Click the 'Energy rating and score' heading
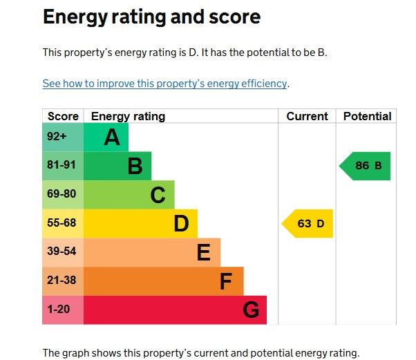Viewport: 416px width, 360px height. click(x=151, y=17)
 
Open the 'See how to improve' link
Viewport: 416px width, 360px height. click(x=164, y=84)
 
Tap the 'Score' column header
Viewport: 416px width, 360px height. click(x=63, y=116)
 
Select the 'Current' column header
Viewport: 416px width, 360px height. click(x=307, y=116)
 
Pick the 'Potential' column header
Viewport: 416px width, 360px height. click(x=367, y=116)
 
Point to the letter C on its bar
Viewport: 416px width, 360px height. click(x=158, y=196)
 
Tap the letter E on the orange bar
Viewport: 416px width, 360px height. click(x=203, y=253)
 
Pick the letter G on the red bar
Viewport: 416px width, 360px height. click(x=251, y=310)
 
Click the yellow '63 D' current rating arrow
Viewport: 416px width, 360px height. click(x=308, y=223)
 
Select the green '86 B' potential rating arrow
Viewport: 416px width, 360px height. click(x=366, y=166)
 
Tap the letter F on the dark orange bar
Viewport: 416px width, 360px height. click(x=226, y=282)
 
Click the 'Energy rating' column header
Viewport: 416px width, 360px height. click(x=128, y=116)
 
